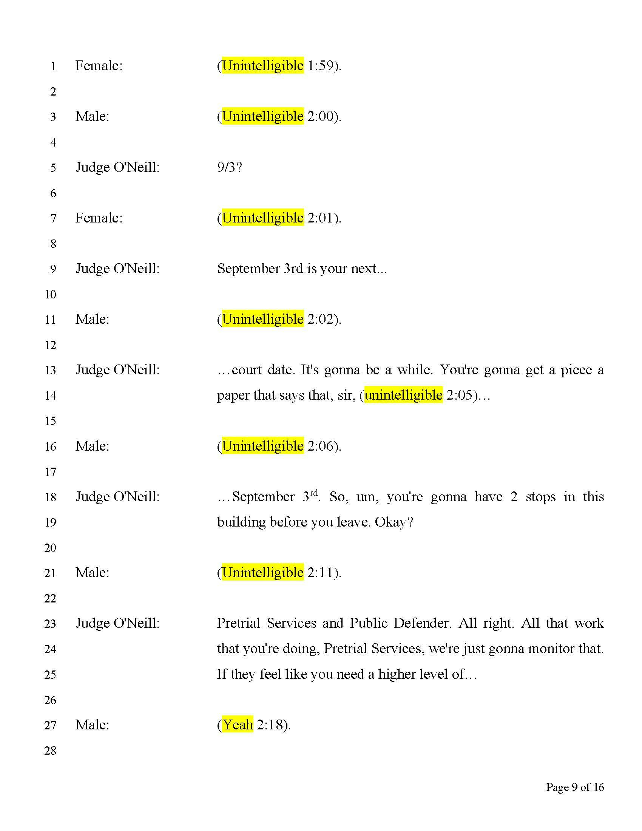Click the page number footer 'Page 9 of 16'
click(574, 787)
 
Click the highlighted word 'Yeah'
click(238, 724)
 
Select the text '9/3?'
click(229, 167)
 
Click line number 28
click(50, 751)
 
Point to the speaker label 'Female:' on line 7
click(99, 218)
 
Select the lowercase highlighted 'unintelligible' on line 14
click(403, 395)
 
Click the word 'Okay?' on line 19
click(394, 522)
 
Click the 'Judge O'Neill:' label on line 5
click(117, 167)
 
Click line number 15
click(50, 421)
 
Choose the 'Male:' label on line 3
click(93, 116)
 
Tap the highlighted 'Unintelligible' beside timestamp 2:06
click(262, 446)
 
